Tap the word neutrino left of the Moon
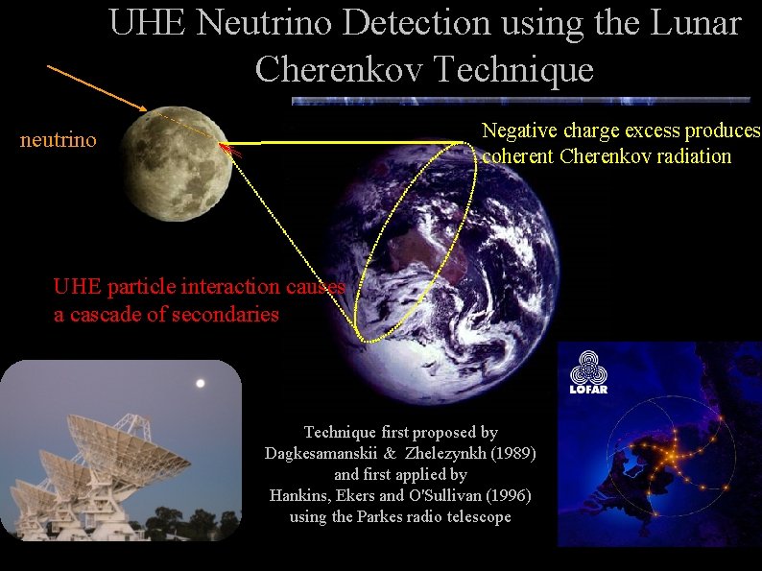(59, 141)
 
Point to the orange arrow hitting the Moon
(96, 86)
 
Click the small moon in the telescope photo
(200, 383)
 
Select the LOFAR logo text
(590, 390)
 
